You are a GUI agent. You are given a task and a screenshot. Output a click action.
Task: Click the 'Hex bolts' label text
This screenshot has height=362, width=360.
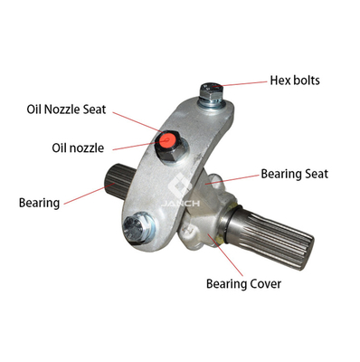(295, 81)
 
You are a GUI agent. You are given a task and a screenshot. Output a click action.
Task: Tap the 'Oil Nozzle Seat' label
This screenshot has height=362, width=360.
(66, 110)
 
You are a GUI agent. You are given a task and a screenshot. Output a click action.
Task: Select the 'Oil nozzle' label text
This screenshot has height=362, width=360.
(78, 148)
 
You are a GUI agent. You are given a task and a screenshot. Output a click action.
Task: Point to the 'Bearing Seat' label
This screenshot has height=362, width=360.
(294, 174)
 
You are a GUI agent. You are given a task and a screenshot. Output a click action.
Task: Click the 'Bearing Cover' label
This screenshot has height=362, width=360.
(243, 284)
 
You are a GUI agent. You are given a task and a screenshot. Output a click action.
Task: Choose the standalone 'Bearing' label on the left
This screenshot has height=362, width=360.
(39, 203)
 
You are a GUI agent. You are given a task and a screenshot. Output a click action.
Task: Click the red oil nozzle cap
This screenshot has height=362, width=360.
(166, 139)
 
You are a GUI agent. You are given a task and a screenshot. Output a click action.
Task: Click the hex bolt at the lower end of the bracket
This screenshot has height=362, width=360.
(135, 227)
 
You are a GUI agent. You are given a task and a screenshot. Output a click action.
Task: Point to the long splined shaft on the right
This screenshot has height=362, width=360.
(269, 235)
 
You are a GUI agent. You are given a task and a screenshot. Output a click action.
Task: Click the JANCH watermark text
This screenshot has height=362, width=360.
(180, 204)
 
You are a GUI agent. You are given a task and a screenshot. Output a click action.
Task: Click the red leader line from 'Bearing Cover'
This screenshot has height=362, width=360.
(225, 255)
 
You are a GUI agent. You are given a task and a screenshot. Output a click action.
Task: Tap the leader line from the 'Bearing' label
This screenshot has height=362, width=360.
(89, 194)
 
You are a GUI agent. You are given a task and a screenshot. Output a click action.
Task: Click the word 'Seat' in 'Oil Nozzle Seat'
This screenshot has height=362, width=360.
(94, 110)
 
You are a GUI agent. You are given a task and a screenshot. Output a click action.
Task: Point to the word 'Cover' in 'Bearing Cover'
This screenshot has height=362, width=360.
(264, 284)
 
